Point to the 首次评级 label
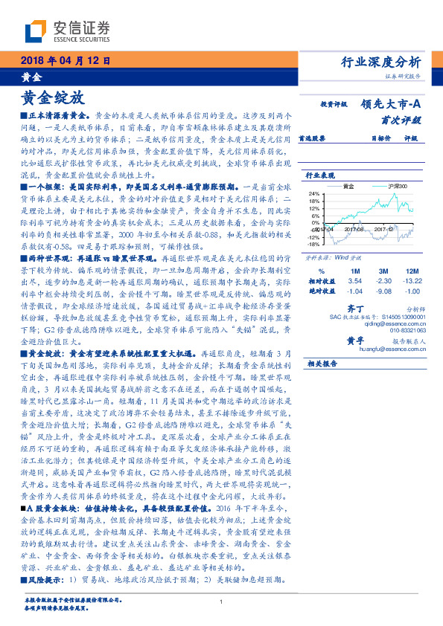point(401,119)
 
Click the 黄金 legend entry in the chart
point(347,185)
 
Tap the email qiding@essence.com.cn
point(392,324)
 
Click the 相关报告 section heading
point(322,364)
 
